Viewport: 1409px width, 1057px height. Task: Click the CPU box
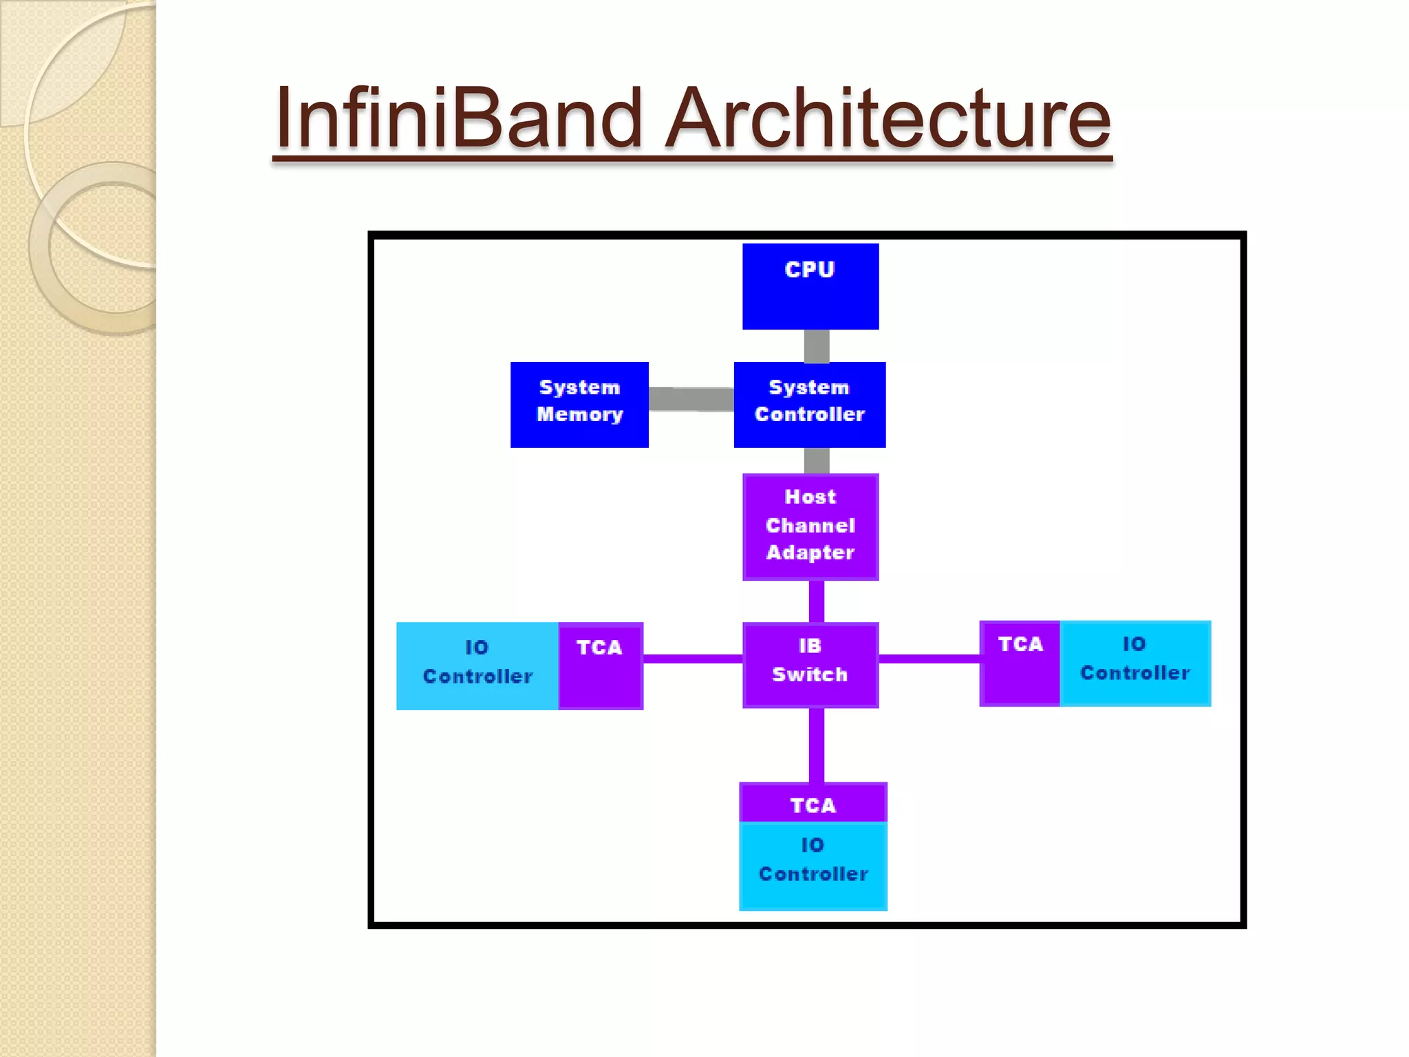[x=810, y=286]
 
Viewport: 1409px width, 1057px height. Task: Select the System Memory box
[x=579, y=405]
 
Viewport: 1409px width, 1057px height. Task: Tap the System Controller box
[x=809, y=405]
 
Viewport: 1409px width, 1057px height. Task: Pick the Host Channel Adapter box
[x=810, y=526]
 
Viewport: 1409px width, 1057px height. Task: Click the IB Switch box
[x=810, y=665]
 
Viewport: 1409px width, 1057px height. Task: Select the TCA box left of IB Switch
[x=600, y=665]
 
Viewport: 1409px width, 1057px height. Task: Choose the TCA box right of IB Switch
[x=1020, y=663]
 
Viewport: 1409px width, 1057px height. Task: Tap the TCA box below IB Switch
[x=813, y=803]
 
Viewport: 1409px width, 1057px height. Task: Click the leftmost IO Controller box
[x=477, y=665]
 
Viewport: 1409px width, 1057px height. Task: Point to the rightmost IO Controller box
[x=1134, y=663]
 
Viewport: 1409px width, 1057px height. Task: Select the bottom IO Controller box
[x=813, y=866]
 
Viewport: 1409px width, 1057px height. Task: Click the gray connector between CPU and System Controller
[x=816, y=346]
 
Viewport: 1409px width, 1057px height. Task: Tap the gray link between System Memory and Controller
[x=691, y=399]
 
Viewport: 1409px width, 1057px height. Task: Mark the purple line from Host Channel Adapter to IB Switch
[x=816, y=601]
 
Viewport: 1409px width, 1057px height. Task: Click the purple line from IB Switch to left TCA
[x=692, y=659]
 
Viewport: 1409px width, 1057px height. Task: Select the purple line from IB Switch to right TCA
[x=929, y=659]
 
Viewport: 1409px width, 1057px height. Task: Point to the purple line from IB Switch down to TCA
[x=816, y=745]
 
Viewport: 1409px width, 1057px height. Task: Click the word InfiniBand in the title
[x=458, y=118]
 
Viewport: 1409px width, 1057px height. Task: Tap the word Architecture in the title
[x=888, y=118]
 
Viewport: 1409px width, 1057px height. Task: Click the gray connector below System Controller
[x=816, y=460]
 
